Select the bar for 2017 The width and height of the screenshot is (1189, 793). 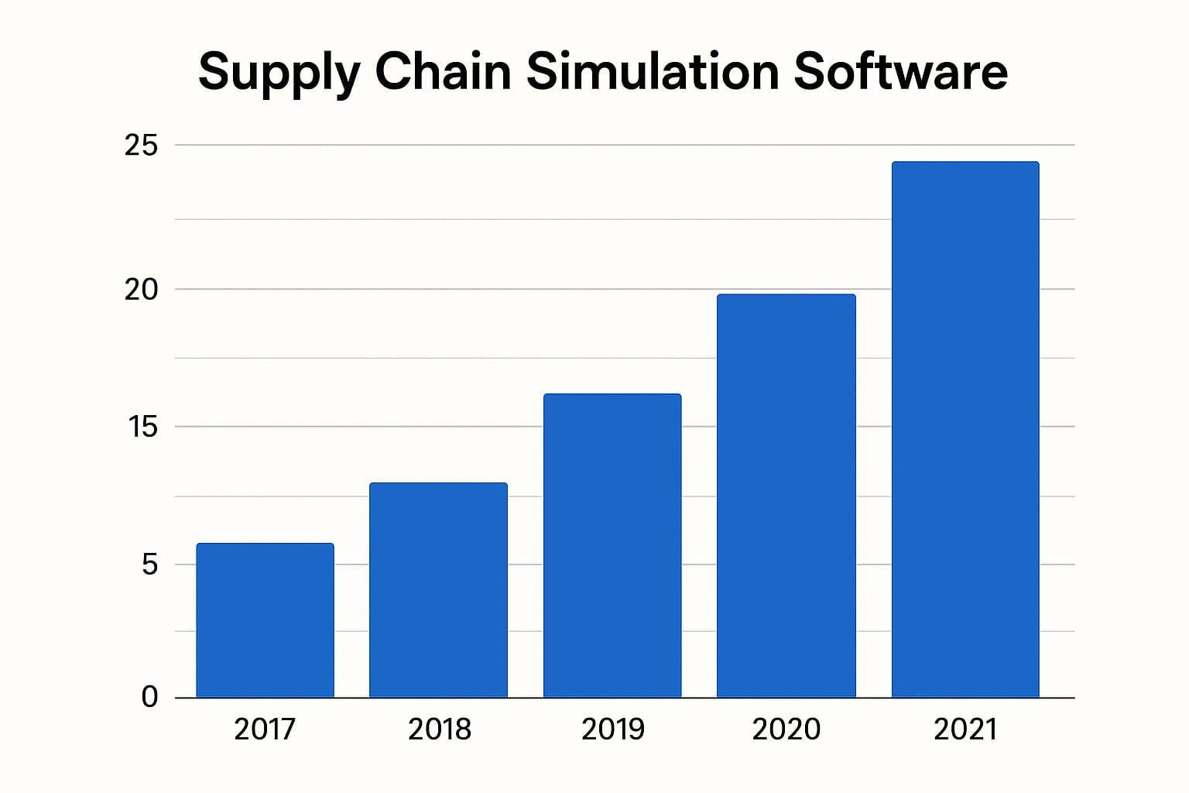tap(265, 620)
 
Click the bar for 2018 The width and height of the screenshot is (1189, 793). tap(438, 590)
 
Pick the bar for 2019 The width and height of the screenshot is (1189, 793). tap(612, 546)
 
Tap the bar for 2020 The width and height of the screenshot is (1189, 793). tap(786, 496)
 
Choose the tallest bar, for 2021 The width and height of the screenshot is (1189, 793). tap(965, 430)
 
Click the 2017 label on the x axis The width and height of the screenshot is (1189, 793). tap(265, 729)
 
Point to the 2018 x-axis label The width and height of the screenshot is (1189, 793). tap(439, 729)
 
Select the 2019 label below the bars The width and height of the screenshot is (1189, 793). tap(612, 729)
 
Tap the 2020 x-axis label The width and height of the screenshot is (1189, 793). tap(786, 729)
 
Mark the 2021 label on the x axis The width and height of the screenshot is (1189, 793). tap(965, 729)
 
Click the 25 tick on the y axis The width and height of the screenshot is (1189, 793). tap(141, 146)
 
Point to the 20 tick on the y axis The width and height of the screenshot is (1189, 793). tap(141, 290)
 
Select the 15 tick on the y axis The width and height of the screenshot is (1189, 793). tap(142, 427)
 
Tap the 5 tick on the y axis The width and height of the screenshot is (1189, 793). tap(149, 565)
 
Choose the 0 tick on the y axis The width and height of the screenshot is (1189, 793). tap(149, 697)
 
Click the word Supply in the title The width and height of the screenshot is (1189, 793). tap(279, 72)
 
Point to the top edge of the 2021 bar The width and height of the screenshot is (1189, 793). tap(965, 162)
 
